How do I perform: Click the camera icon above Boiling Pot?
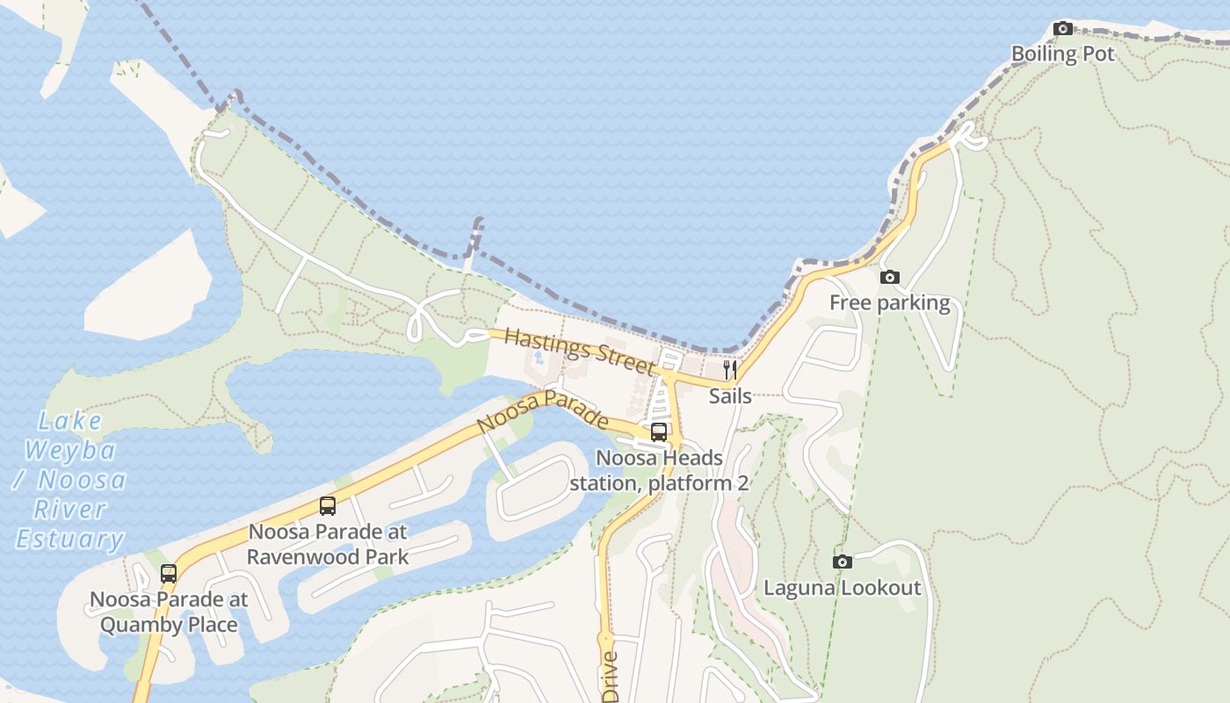pos(1063,28)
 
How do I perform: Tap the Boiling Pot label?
pos(1062,54)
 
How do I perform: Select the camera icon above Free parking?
pos(889,278)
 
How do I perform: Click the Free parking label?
pos(889,303)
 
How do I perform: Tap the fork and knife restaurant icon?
pos(729,370)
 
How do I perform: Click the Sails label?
pos(730,396)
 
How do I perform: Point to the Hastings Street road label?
pos(580,350)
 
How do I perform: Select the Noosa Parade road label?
pos(542,411)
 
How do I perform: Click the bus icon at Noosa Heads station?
pos(658,432)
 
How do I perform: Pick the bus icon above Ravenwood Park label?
pos(328,506)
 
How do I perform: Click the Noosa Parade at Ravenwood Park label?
pos(328,544)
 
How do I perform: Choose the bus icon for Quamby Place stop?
pos(169,574)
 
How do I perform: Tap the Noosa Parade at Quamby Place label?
pos(169,612)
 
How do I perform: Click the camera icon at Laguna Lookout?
pos(842,562)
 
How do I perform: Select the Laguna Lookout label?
pos(842,588)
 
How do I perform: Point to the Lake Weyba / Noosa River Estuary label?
pos(70,480)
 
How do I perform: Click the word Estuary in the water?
pos(70,539)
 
